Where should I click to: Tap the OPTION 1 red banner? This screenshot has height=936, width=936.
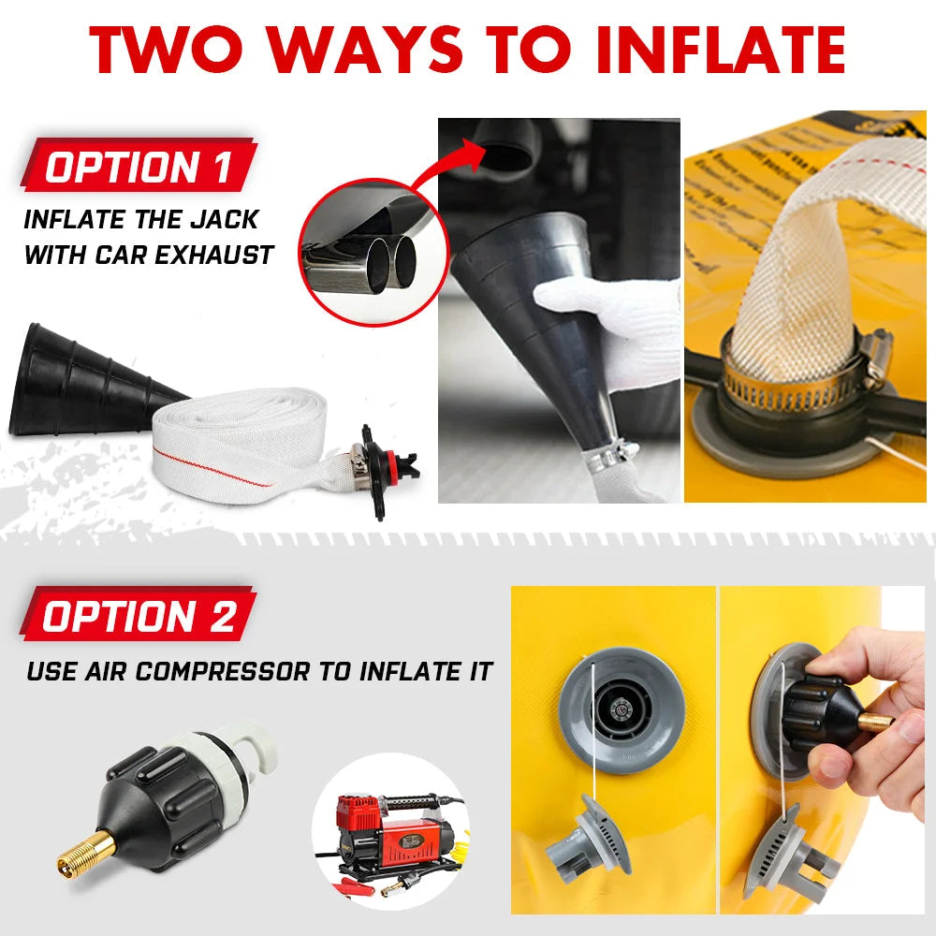click(x=139, y=168)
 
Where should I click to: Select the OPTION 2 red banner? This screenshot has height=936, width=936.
click(x=139, y=617)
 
